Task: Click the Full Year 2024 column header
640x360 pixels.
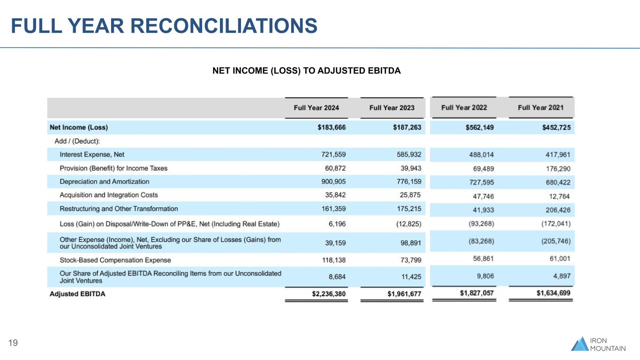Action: pyautogui.click(x=316, y=108)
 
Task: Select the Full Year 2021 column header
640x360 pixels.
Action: pyautogui.click(x=541, y=108)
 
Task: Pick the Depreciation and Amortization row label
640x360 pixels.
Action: pyautogui.click(x=104, y=181)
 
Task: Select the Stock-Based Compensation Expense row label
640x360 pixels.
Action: pyautogui.click(x=115, y=260)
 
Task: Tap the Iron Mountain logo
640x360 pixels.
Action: pyautogui.click(x=598, y=344)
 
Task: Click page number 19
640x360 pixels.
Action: pyautogui.click(x=13, y=344)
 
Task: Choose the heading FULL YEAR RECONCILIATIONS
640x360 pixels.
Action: pyautogui.click(x=164, y=26)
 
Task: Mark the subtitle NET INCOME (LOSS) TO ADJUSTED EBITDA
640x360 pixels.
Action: pyautogui.click(x=307, y=71)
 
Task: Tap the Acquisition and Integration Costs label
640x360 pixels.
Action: pyautogui.click(x=109, y=195)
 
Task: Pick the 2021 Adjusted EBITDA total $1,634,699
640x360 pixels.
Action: pyautogui.click(x=553, y=293)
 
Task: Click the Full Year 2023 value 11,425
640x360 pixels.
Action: pyautogui.click(x=411, y=277)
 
